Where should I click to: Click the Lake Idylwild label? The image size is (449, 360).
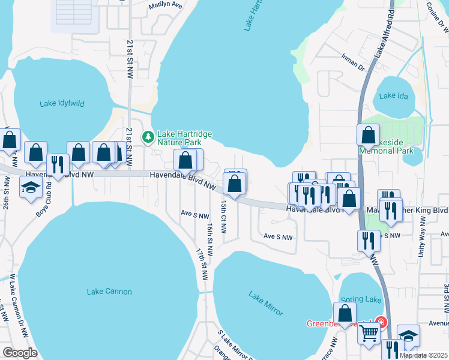(62, 103)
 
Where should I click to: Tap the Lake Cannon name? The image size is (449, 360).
(109, 292)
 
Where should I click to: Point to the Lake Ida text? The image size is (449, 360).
(396, 95)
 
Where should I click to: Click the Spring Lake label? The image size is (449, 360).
(361, 299)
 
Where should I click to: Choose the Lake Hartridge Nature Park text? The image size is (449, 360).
(184, 138)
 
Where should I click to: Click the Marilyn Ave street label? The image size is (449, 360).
(165, 4)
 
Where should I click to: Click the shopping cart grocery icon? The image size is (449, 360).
(369, 332)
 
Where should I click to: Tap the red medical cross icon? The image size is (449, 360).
(380, 322)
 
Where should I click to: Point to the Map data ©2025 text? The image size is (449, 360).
(423, 355)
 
